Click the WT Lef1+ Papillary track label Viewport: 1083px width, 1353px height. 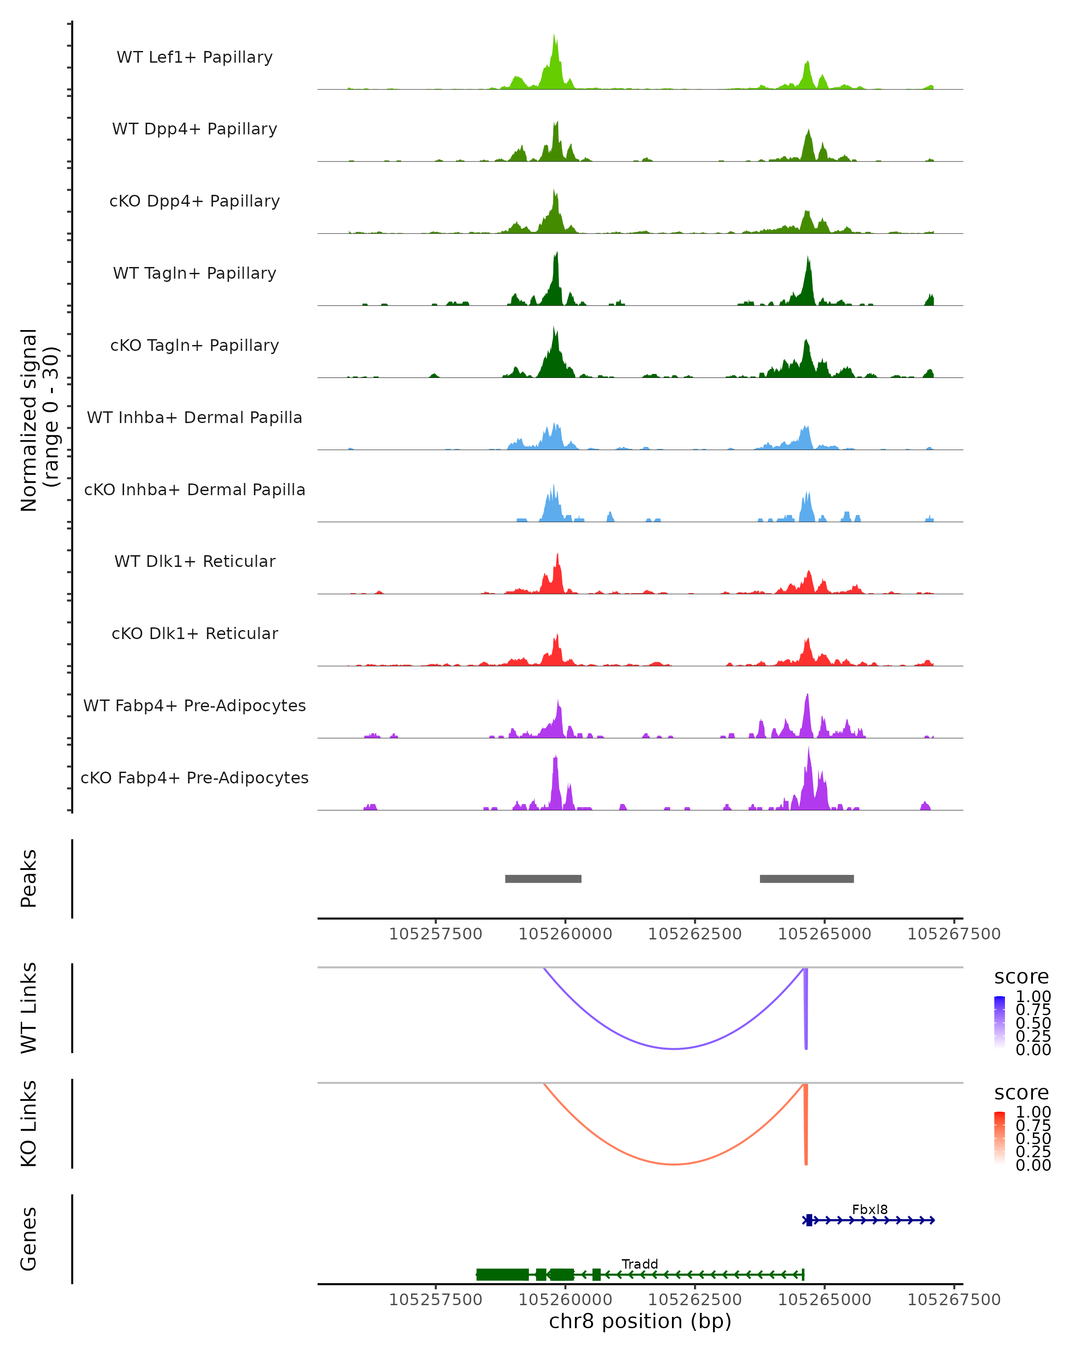pyautogui.click(x=194, y=57)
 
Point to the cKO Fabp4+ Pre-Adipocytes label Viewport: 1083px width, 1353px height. pyautogui.click(x=194, y=778)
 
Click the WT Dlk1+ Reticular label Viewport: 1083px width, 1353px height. pyautogui.click(x=194, y=561)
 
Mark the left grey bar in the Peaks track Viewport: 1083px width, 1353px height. pyautogui.click(x=543, y=879)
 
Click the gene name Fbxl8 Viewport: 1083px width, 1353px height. pyautogui.click(x=870, y=1209)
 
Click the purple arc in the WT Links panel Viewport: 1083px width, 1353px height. pyautogui.click(x=674, y=1049)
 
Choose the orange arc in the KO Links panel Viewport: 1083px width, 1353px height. pyautogui.click(x=674, y=1164)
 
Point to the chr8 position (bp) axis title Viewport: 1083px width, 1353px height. pyautogui.click(x=640, y=1321)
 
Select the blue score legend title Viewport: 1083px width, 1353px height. pyautogui.click(x=1021, y=977)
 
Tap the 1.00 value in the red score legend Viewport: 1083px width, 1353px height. pyautogui.click(x=1033, y=1112)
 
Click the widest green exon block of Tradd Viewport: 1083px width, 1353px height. pyautogui.click(x=502, y=1275)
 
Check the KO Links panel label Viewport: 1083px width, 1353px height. pyautogui.click(x=29, y=1123)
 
